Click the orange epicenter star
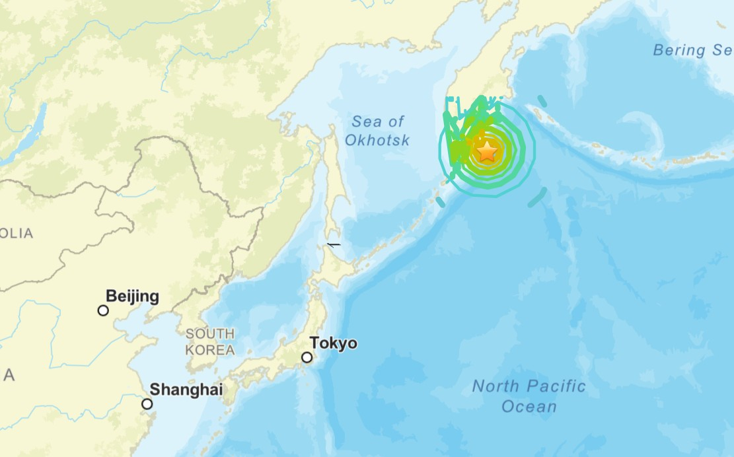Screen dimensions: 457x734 point(487,151)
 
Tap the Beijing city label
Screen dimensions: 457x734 point(132,297)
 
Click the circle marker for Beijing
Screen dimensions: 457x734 point(103,310)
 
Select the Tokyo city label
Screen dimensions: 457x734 point(334,343)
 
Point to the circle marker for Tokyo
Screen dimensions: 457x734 point(307,357)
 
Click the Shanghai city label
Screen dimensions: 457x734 point(186,390)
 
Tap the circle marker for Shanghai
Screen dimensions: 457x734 point(147,404)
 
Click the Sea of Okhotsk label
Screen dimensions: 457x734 point(377,131)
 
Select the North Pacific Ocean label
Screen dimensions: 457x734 point(529,396)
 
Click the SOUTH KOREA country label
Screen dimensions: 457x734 point(209,341)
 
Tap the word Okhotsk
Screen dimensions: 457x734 point(377,140)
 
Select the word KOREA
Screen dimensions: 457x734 point(210,350)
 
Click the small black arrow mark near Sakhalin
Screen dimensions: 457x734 point(334,244)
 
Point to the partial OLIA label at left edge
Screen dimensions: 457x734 point(17,233)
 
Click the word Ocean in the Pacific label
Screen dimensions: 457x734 point(529,406)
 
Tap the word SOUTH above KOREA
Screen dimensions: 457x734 point(209,334)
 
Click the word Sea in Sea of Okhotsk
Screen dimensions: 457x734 point(366,122)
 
